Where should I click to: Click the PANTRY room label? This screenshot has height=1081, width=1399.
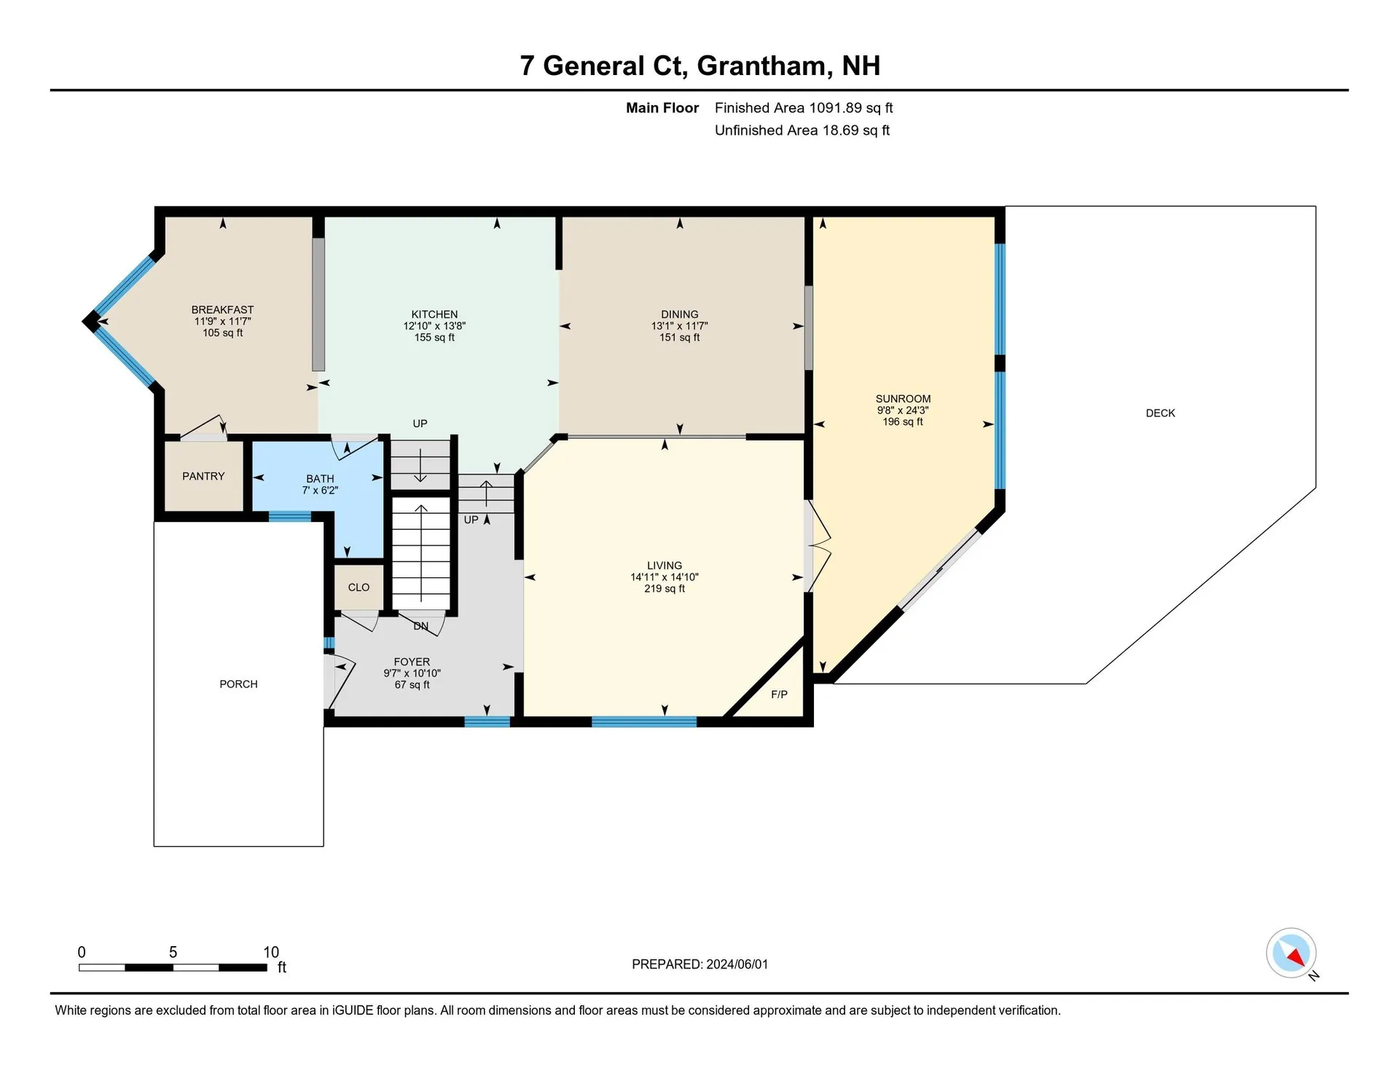[x=203, y=476]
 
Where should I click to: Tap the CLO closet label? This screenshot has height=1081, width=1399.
[x=358, y=588]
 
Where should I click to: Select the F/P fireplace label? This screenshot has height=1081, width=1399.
[x=779, y=695]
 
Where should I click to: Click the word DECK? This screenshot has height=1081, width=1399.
[x=1160, y=413]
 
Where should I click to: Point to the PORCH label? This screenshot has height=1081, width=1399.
[x=238, y=684]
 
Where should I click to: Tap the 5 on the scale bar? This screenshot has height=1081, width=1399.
[x=173, y=952]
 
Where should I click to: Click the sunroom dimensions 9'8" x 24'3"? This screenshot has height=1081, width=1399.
[x=903, y=410]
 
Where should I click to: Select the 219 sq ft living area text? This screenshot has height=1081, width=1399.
[x=665, y=589]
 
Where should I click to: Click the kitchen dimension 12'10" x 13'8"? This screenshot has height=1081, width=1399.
[x=434, y=327]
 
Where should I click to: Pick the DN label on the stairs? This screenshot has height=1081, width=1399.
[x=420, y=626]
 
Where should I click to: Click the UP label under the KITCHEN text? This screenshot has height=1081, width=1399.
[x=420, y=424]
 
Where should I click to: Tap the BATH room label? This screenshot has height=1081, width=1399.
[x=320, y=479]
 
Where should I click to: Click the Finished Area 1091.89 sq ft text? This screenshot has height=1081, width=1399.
[x=804, y=108]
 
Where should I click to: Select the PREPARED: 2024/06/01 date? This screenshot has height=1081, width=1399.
[x=699, y=964]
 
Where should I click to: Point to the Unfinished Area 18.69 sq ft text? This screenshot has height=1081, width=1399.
[x=802, y=130]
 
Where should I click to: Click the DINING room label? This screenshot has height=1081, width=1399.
[x=680, y=315]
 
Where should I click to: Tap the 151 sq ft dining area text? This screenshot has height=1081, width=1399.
[x=680, y=337]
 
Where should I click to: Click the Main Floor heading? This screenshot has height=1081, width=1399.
[x=662, y=108]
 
